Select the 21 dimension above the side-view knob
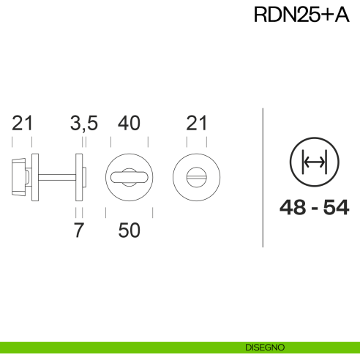23,124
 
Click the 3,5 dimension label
83,124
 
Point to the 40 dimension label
129,124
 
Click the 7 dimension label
80,230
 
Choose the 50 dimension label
129,230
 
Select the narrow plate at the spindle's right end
79,176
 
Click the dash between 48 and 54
314,209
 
